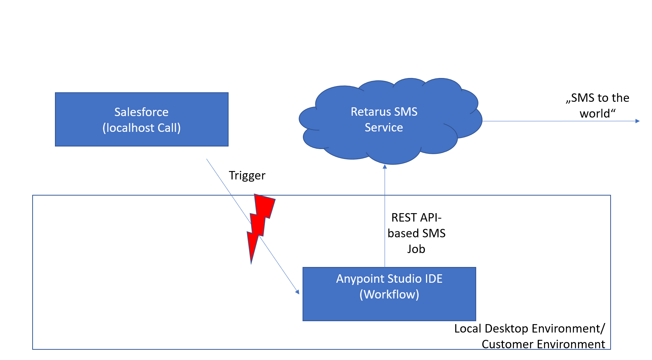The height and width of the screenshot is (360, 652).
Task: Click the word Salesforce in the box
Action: (141, 112)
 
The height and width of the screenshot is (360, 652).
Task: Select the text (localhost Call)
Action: (141, 128)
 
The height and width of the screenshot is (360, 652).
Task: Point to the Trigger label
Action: (247, 175)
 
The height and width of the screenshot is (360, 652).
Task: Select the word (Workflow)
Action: (389, 294)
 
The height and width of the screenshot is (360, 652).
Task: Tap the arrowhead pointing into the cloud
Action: (385, 167)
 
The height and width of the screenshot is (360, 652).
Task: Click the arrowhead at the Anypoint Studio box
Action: (297, 292)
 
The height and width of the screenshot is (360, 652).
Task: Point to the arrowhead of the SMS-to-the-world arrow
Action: (637, 121)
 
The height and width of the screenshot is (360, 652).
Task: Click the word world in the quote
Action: (595, 114)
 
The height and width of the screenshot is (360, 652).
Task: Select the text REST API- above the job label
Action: (416, 218)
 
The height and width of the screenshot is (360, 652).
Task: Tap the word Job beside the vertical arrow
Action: (416, 249)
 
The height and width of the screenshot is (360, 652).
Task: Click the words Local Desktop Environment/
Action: (529, 329)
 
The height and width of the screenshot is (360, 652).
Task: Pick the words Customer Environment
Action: (543, 344)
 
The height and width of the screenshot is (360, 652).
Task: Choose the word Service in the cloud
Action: (384, 127)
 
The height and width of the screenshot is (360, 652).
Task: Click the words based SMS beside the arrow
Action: (416, 233)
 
